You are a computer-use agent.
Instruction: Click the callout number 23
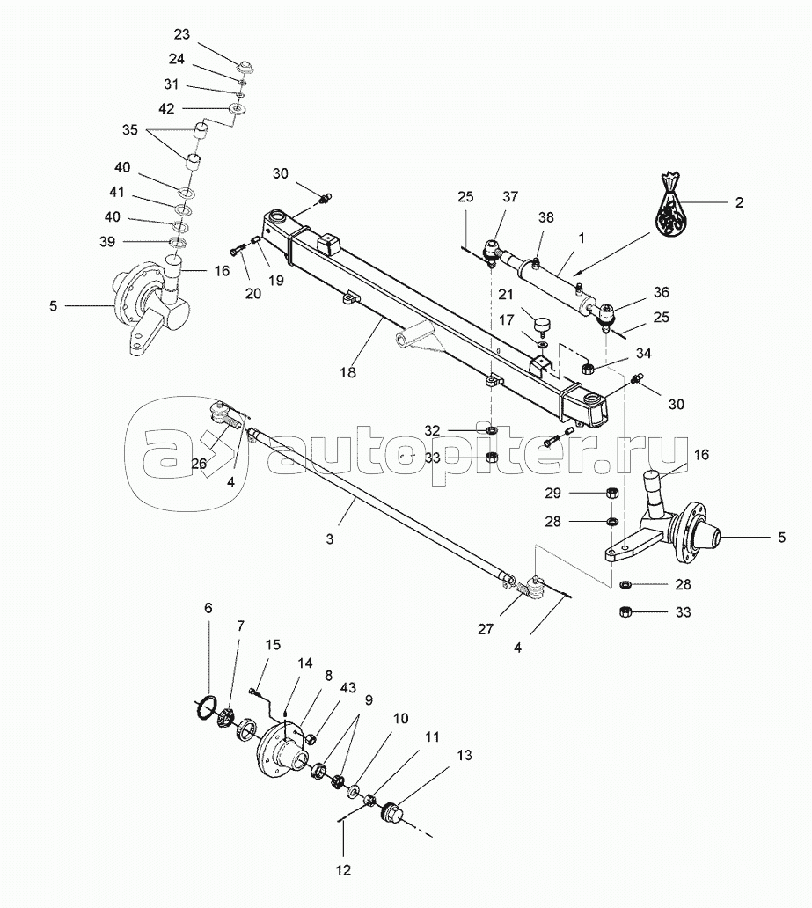tap(181, 34)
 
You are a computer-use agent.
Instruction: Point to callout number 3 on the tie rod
tap(330, 539)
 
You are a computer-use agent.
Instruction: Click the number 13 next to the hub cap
tap(465, 754)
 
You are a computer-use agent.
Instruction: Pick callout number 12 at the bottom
tap(343, 870)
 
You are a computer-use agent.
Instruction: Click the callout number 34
tap(645, 354)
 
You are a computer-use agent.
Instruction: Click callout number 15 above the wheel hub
tap(274, 645)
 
